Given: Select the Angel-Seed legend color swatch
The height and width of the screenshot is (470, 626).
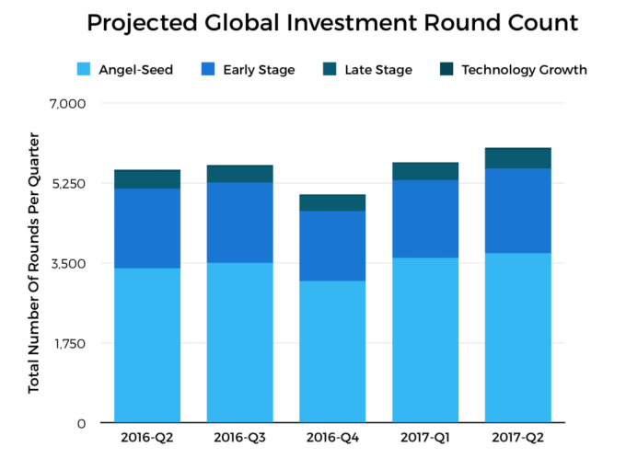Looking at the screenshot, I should click(83, 70).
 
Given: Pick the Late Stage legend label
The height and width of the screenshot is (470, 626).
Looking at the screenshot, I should click(378, 70).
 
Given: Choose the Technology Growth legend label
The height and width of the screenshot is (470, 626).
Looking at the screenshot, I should click(524, 70).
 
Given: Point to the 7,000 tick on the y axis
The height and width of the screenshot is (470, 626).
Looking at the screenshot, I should click(67, 103).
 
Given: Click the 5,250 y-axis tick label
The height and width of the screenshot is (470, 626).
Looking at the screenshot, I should click(67, 183).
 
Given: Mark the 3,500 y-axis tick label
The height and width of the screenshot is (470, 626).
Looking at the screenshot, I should click(67, 263).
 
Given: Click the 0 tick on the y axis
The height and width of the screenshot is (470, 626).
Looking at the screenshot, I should click(81, 423).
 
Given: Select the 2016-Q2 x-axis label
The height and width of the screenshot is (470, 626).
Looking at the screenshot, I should click(147, 438).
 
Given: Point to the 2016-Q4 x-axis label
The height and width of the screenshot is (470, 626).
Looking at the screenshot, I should click(332, 438).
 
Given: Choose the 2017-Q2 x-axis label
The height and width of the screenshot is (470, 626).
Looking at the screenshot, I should click(517, 438).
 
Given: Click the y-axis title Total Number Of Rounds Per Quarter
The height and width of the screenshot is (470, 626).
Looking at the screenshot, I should click(34, 262).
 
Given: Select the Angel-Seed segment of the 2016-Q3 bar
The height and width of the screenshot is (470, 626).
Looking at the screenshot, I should click(239, 342).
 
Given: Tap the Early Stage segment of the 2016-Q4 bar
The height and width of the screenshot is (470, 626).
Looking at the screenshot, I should click(332, 246).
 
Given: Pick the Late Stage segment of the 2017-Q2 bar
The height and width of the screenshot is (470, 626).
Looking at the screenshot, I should click(517, 158).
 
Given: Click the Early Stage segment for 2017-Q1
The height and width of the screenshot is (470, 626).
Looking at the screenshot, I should click(425, 218).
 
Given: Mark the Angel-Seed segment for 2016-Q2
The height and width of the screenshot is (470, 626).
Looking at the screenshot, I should click(147, 345).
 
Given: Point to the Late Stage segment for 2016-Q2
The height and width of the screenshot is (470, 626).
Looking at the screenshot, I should click(147, 179).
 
